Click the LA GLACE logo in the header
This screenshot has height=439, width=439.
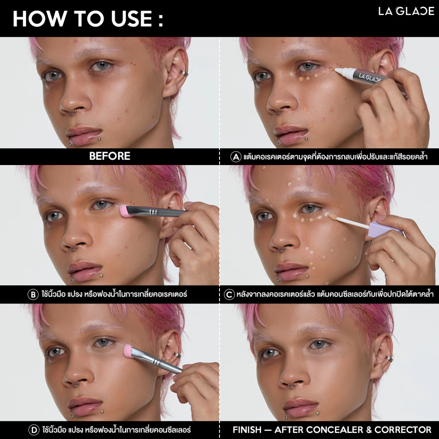pos(406,11)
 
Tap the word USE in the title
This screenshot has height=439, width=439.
pos(131,19)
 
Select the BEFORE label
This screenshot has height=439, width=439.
pos(110,156)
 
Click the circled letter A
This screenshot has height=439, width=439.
pos(236,156)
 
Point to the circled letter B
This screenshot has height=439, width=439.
pos(33,295)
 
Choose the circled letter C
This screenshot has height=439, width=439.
pos(229,295)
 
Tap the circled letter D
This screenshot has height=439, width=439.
pos(34,430)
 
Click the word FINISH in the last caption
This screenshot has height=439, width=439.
pos(247,430)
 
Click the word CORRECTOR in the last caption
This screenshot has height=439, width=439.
pos(403,430)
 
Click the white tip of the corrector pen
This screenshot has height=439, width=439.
pos(344,73)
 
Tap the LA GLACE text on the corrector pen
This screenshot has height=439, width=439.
pos(370,78)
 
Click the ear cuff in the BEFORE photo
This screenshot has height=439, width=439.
pos(183,73)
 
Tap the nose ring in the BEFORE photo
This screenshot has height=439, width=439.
pos(72,113)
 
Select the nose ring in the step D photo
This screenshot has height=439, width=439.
pos(75,385)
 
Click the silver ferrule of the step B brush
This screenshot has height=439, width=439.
pos(153,212)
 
